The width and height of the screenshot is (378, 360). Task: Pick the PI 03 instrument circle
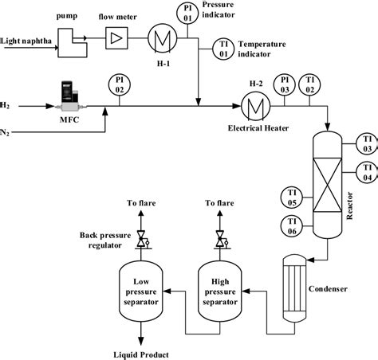coord(284,84)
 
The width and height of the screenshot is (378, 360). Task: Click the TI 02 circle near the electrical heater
coord(309,84)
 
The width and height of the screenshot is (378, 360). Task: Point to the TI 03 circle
coord(366,143)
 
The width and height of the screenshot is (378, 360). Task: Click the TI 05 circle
coord(292,195)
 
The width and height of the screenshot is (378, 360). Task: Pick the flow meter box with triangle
coord(117,37)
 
